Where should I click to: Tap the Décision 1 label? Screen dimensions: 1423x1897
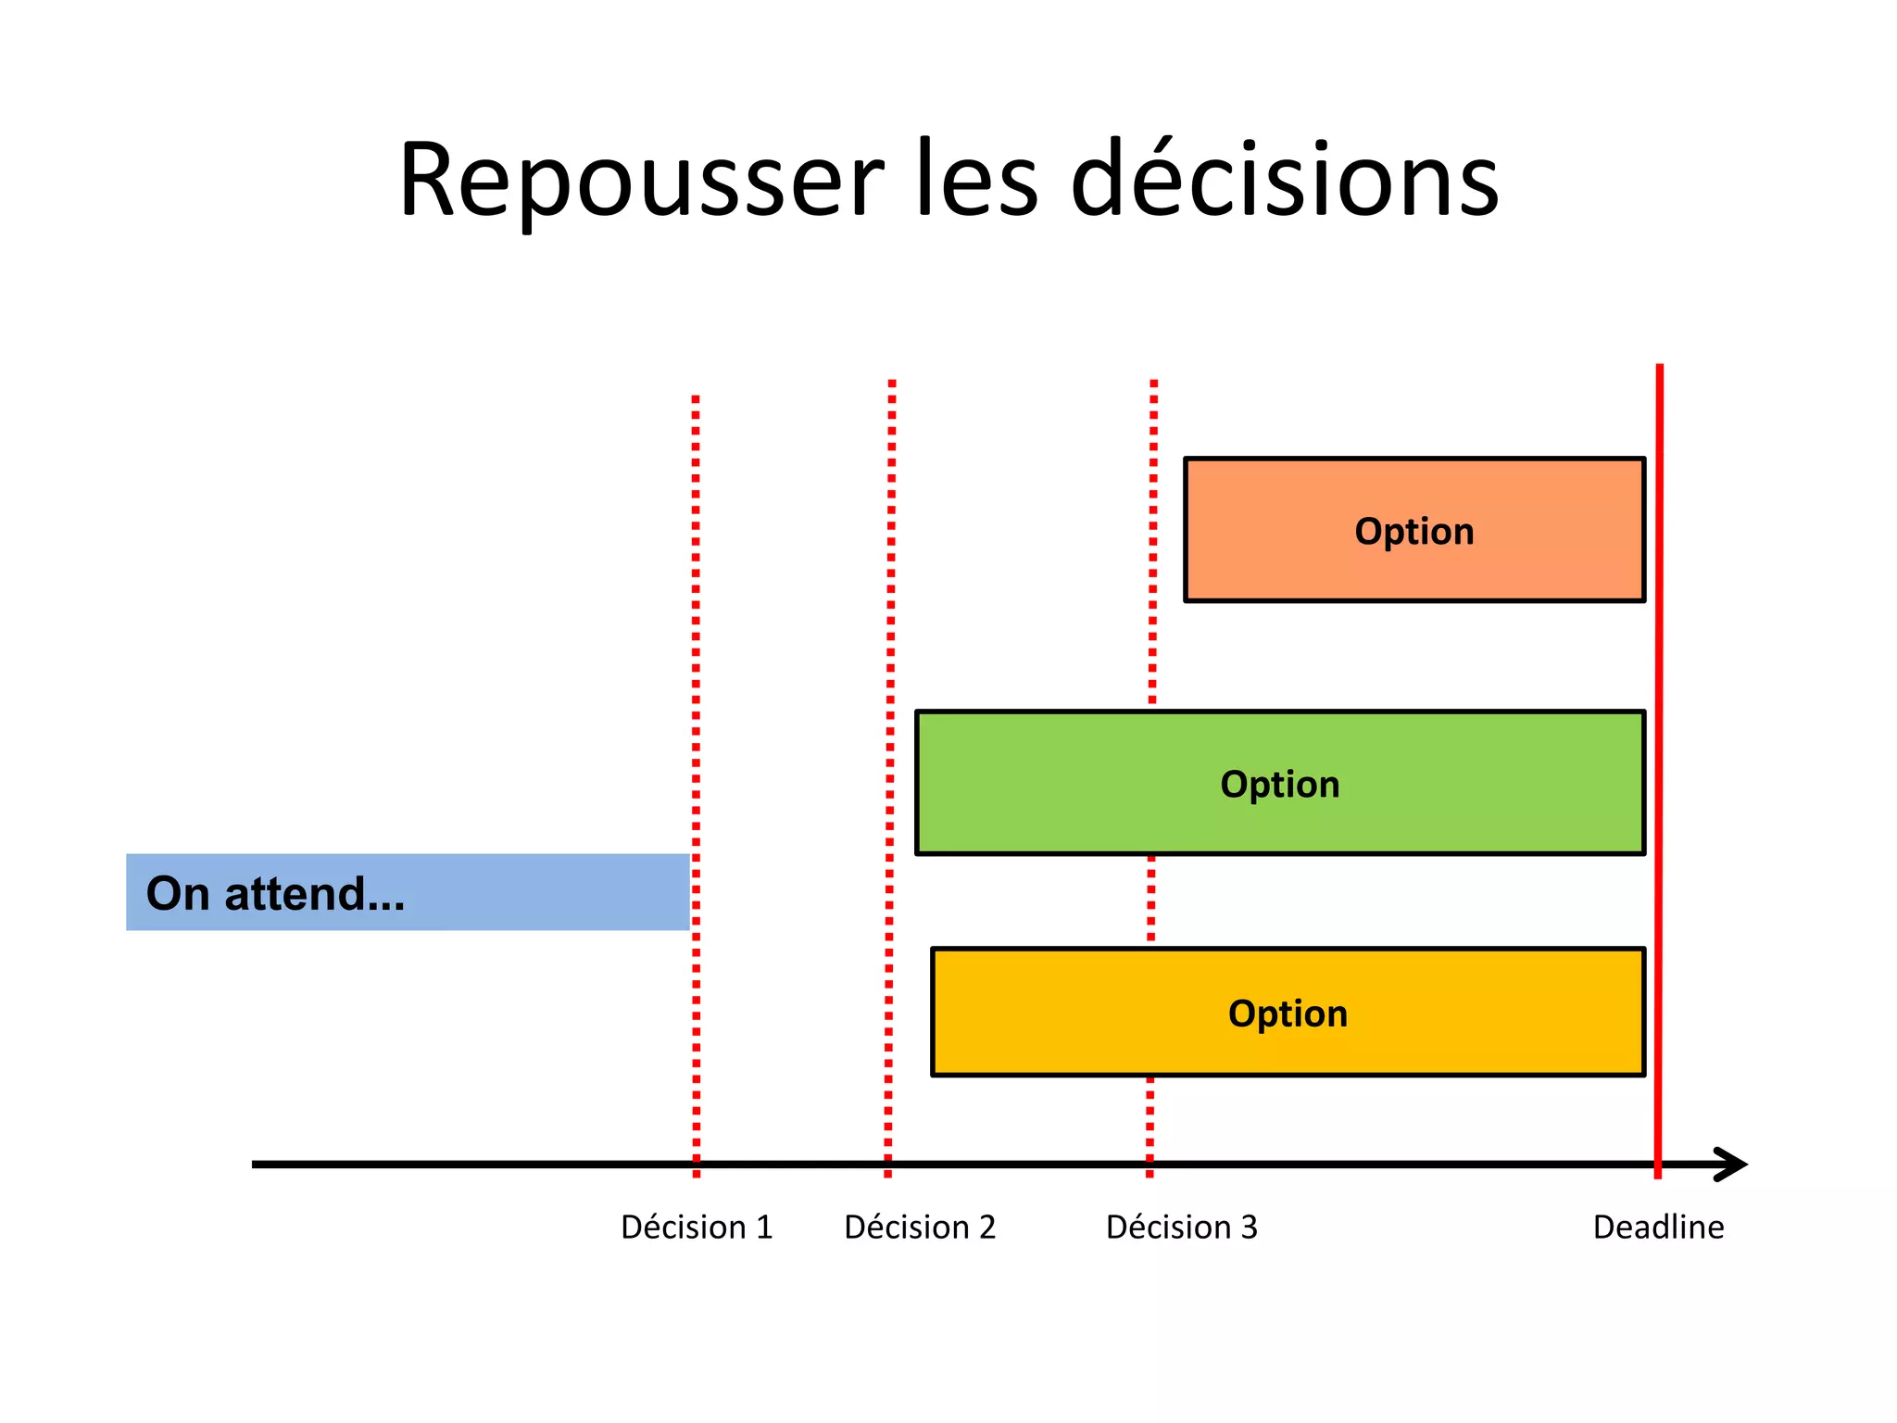tap(697, 1227)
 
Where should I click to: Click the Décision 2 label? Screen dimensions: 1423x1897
tap(920, 1227)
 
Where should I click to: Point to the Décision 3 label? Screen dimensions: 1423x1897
tap(1182, 1227)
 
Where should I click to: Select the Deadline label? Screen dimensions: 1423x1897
tap(1658, 1227)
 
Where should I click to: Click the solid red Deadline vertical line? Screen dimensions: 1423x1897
tap(1659, 649)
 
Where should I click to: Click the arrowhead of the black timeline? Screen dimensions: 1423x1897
tap(1732, 1165)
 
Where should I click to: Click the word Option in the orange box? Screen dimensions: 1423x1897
tap(1413, 531)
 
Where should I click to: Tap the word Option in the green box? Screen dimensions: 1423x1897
tap(1279, 784)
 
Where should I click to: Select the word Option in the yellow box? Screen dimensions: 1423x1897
tap(1288, 1013)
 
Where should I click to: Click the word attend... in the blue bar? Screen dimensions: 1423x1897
tap(315, 893)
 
